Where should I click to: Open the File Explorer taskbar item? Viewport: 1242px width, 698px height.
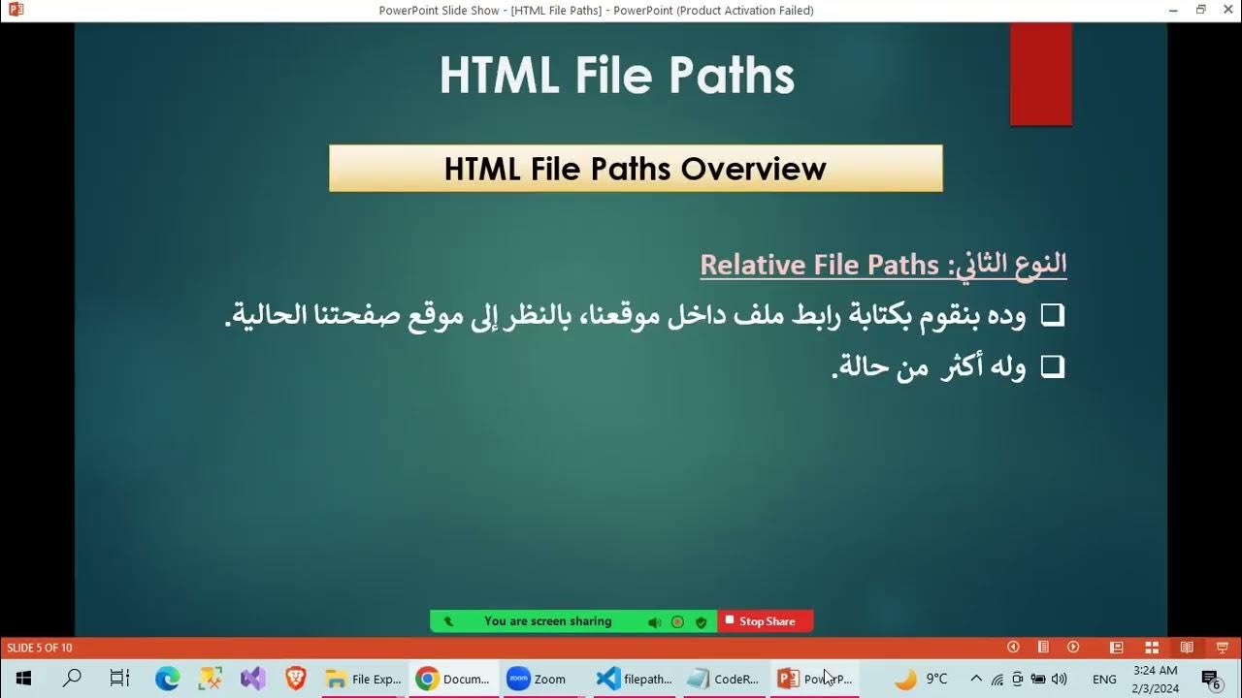point(363,679)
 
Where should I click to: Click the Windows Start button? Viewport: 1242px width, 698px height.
point(23,679)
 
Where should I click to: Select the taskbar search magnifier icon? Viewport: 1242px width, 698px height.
point(72,679)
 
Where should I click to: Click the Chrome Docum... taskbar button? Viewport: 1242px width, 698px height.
point(453,679)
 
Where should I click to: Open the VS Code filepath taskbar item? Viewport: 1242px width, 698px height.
point(635,679)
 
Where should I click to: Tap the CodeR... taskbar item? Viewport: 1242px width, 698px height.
point(723,679)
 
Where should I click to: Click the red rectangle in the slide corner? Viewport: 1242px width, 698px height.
point(1040,75)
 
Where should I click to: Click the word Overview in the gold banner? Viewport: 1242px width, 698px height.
point(753,169)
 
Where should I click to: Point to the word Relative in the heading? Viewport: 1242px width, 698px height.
point(752,265)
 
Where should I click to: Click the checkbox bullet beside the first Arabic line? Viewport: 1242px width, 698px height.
point(1053,315)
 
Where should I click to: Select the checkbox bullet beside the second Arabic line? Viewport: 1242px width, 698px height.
point(1053,366)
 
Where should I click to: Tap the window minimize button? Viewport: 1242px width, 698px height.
point(1173,10)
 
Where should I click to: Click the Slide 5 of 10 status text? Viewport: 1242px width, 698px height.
point(40,648)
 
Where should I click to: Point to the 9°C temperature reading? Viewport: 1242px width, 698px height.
point(936,679)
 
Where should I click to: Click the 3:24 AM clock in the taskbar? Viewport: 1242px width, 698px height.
point(1155,670)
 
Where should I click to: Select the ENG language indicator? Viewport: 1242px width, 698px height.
point(1104,679)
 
